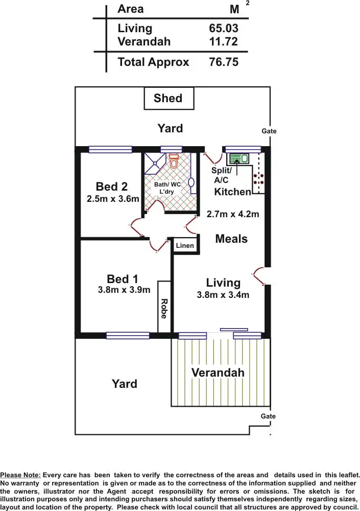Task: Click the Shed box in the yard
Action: click(x=168, y=98)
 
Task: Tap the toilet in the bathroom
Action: click(x=174, y=161)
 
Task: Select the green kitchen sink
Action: click(x=238, y=159)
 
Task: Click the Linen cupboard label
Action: click(x=185, y=246)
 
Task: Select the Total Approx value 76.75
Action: click(x=224, y=62)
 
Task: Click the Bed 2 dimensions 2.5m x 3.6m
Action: click(x=113, y=199)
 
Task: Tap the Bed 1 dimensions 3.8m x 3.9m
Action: click(x=124, y=290)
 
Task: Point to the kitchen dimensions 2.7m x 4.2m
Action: click(x=233, y=214)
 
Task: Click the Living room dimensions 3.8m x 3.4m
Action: click(x=223, y=294)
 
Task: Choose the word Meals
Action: click(x=231, y=239)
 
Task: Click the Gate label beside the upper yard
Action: click(x=269, y=131)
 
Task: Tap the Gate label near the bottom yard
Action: click(x=268, y=416)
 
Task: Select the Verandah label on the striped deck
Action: click(x=218, y=373)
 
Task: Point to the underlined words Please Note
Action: click(x=20, y=475)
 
